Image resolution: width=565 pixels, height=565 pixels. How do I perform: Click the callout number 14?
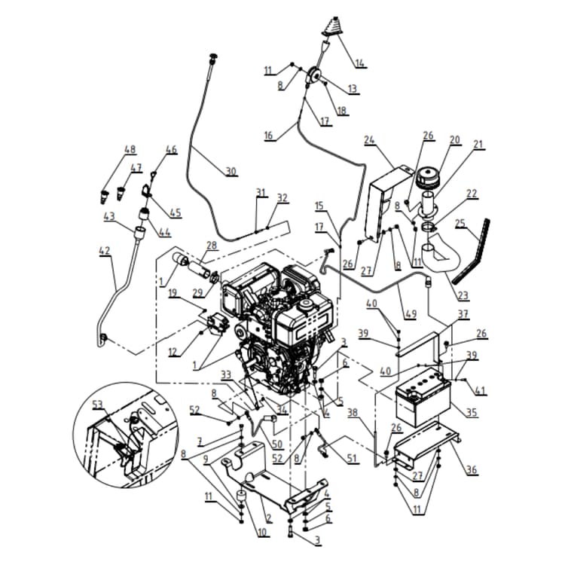(361, 63)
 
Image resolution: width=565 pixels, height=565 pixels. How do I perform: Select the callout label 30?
(231, 171)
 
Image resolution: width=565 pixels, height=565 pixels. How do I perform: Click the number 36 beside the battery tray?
(472, 470)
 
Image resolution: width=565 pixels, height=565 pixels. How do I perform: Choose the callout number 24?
(369, 139)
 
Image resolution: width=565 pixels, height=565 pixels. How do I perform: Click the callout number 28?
(211, 245)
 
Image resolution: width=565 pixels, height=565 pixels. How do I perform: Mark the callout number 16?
(268, 136)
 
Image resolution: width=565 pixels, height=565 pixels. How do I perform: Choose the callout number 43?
(110, 216)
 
